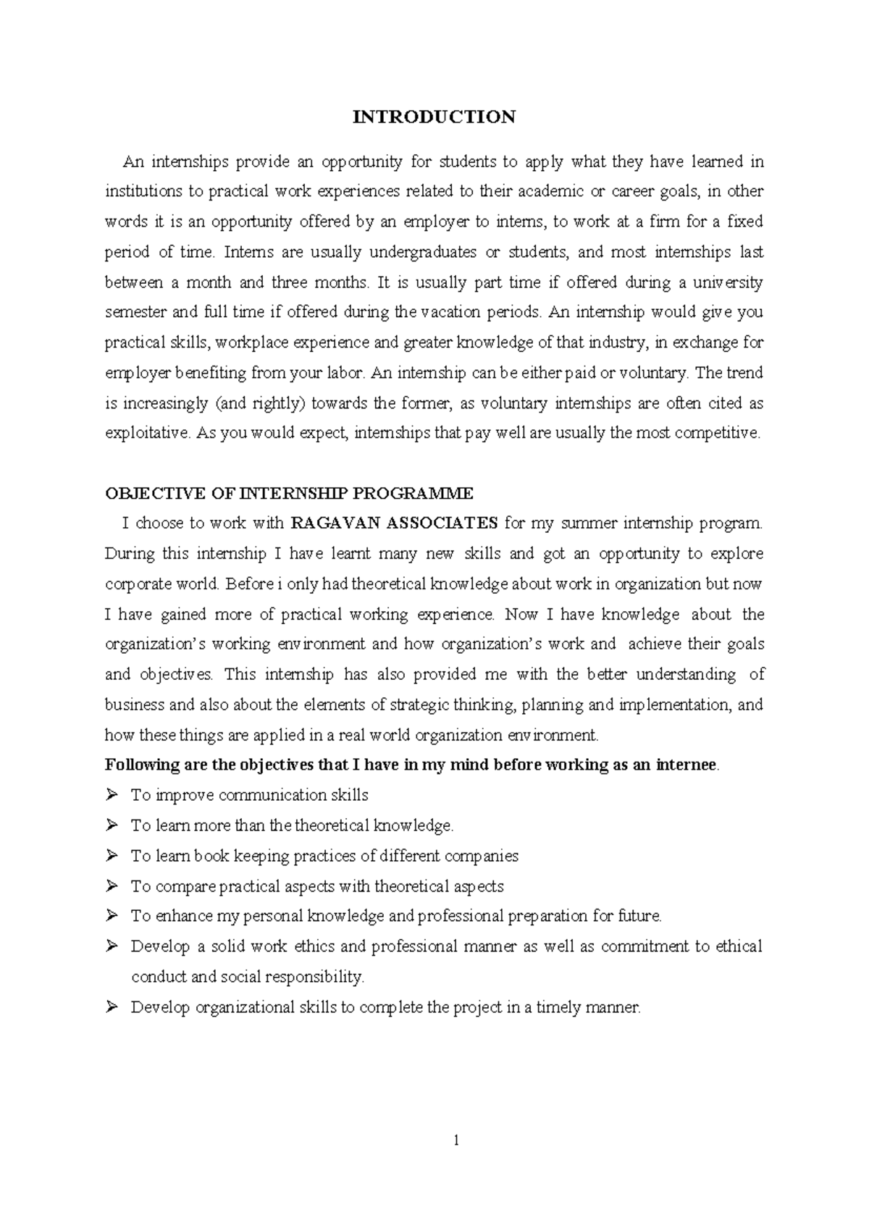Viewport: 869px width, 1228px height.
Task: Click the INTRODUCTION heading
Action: (x=434, y=117)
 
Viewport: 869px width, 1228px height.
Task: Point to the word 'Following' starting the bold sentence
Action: (x=140, y=765)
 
